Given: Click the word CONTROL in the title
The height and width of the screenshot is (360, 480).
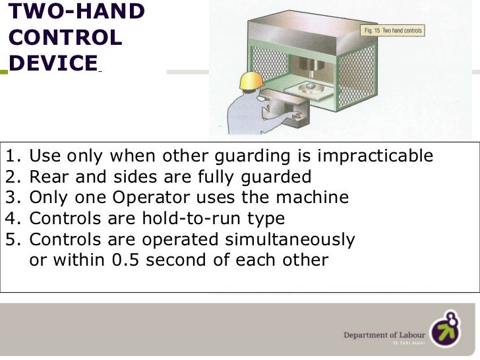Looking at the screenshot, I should [66, 37].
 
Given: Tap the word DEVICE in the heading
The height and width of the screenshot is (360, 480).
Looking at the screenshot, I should [53, 63].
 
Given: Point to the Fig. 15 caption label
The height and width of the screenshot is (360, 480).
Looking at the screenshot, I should [393, 30].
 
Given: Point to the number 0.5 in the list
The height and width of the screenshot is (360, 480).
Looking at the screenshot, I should [126, 260].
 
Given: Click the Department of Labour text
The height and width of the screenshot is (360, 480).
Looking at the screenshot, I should [383, 336].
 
